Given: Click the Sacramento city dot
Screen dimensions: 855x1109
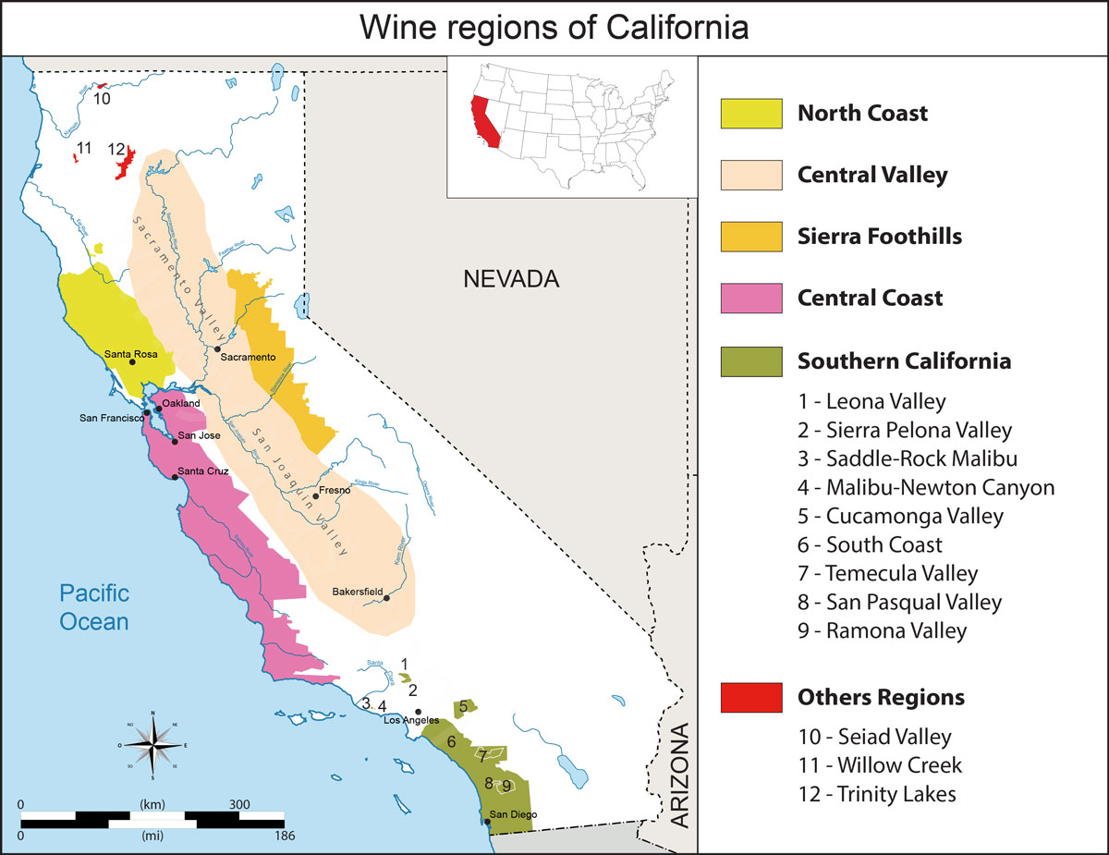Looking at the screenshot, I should pyautogui.click(x=217, y=349).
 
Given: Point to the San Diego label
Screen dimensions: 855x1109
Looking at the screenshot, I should pyautogui.click(x=513, y=814).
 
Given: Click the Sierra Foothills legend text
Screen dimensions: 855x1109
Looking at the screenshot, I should pyautogui.click(x=879, y=237).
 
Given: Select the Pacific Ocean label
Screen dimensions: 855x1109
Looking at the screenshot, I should pyautogui.click(x=94, y=606).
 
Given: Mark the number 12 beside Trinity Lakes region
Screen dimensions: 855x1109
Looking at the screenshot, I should pyautogui.click(x=116, y=149).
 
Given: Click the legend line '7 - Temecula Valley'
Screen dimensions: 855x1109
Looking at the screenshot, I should pyautogui.click(x=887, y=573).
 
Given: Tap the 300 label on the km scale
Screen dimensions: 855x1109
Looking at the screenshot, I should pyautogui.click(x=239, y=804).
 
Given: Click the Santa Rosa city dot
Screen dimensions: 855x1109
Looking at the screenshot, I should pyautogui.click(x=132, y=362).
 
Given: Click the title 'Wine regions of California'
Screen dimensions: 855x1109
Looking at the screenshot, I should pyautogui.click(x=554, y=28).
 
